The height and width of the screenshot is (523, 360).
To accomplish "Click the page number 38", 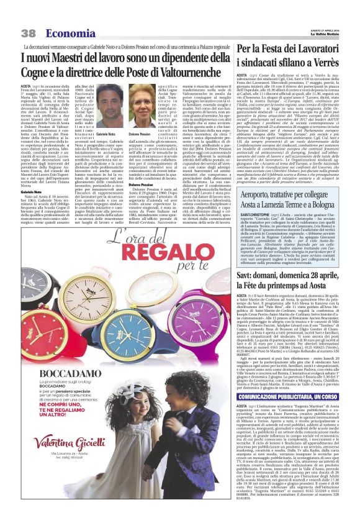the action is point(28,33).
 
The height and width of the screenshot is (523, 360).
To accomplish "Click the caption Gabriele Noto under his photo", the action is point(106,134).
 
